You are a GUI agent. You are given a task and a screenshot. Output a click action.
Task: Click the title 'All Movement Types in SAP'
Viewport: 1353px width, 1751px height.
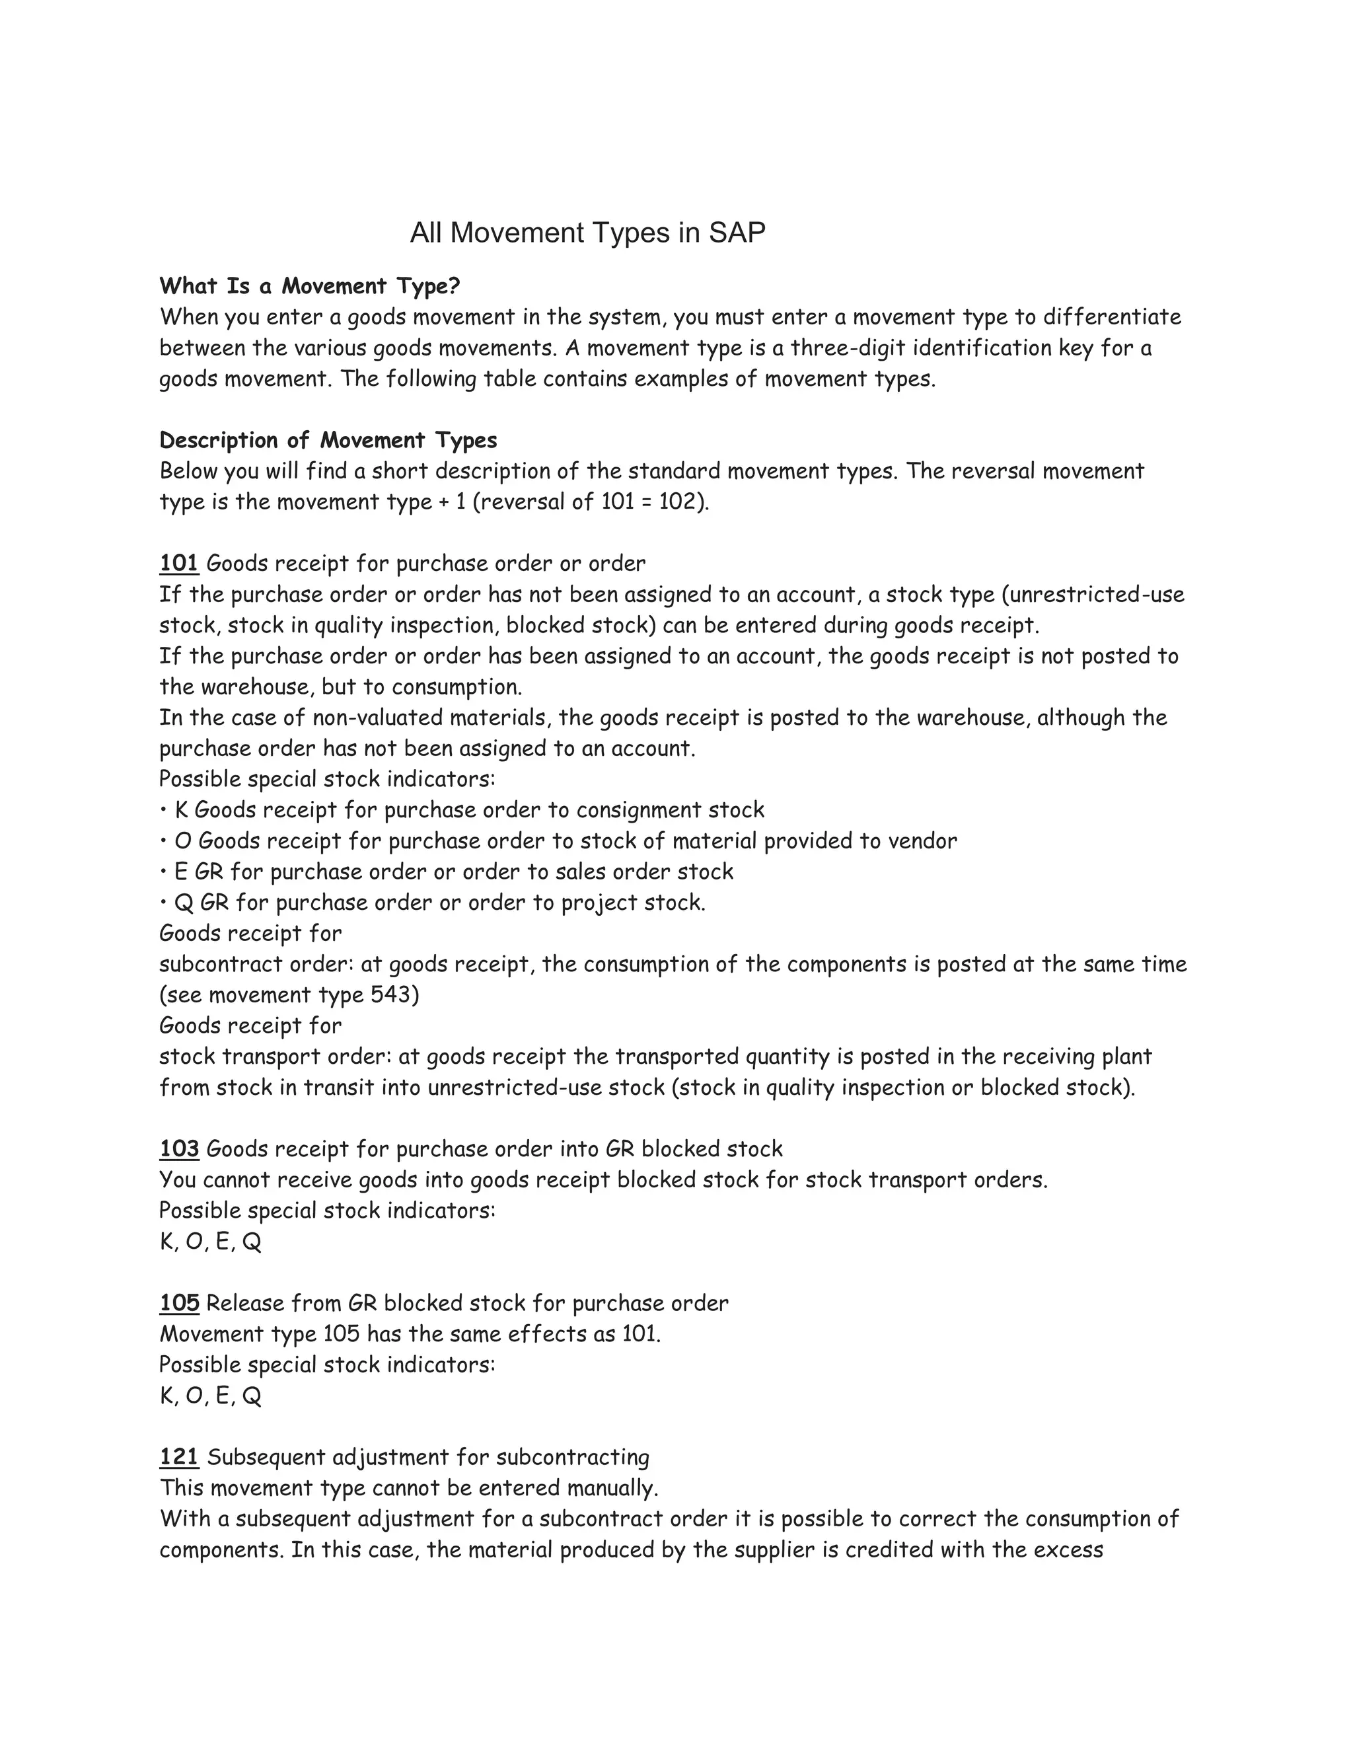[587, 233]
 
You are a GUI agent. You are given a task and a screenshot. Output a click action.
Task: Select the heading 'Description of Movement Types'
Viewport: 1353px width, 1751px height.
[328, 440]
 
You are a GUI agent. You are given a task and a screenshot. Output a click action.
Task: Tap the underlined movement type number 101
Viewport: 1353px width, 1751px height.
[179, 564]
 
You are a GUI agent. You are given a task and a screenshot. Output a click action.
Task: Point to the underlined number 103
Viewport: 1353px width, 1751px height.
[179, 1149]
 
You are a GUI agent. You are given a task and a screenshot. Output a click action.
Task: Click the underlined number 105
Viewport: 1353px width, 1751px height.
[179, 1303]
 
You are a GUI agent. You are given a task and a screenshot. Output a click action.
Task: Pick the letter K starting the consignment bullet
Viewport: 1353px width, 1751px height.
[181, 810]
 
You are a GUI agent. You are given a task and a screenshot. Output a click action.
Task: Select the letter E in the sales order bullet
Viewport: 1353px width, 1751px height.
[180, 872]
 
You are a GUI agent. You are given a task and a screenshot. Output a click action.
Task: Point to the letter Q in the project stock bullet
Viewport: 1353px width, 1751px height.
[184, 903]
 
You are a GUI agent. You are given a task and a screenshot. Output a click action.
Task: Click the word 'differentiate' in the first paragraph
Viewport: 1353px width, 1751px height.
[1112, 317]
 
